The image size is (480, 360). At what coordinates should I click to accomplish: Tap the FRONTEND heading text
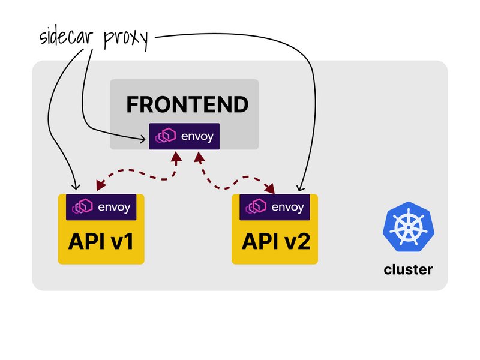coord(187,104)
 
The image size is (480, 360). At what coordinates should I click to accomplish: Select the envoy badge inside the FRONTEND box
coord(185,136)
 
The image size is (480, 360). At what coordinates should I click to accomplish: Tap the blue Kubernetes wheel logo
coord(408,226)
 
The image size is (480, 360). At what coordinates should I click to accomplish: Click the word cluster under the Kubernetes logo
coord(408,269)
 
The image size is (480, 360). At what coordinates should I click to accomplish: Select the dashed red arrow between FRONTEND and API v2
coord(234,178)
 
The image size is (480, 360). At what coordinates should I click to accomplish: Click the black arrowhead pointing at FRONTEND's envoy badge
coord(143,140)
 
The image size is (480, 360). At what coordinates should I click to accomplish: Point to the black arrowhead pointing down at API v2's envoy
coord(299,187)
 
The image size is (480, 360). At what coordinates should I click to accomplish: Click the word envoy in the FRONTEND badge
coord(196,137)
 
